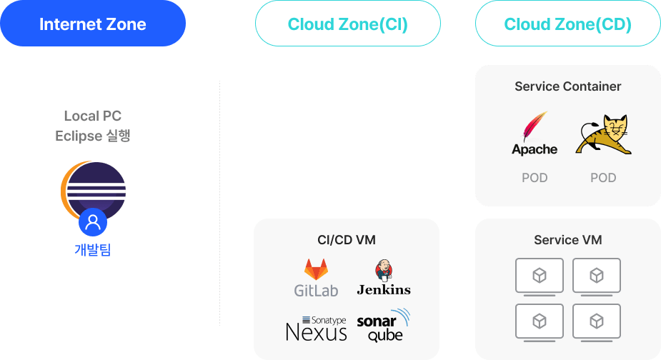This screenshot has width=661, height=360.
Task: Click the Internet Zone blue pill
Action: point(92,24)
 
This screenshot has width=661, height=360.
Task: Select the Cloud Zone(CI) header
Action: point(347,24)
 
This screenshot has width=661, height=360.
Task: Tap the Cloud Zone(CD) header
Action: point(567,24)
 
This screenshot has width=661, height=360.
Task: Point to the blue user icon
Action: point(93,223)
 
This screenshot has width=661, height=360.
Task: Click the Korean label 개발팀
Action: point(93,250)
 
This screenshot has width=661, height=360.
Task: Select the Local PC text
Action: point(93,116)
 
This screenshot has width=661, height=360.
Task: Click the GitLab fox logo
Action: point(316,270)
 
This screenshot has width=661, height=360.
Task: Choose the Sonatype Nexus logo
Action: point(316,328)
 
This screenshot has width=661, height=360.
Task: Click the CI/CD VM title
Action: point(347,239)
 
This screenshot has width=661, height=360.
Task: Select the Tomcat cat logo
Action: point(604,136)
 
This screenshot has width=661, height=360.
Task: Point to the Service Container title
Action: point(568,86)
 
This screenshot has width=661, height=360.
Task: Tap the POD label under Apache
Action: point(535,177)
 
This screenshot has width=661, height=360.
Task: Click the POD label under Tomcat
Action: point(603,177)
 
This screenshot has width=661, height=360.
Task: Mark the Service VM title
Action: point(568,240)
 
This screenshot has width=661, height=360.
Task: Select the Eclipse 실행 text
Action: point(93,136)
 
